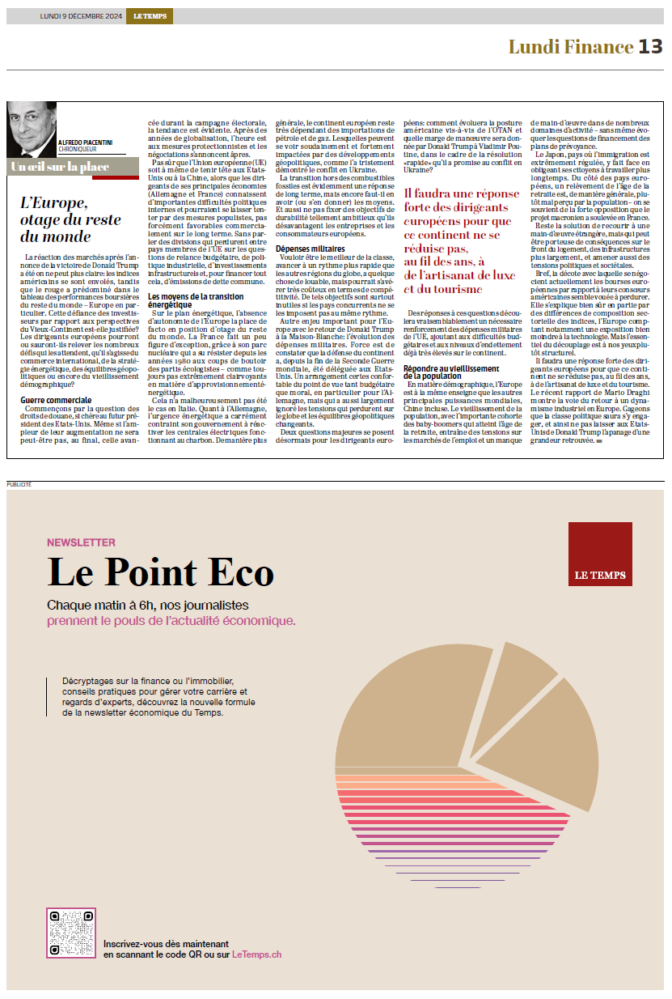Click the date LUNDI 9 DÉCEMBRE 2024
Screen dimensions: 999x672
[x=82, y=16]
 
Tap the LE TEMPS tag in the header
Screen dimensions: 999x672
[x=149, y=16]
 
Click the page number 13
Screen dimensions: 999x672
[x=650, y=47]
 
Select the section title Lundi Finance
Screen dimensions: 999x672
[x=570, y=47]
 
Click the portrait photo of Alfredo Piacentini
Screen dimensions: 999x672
[x=32, y=129]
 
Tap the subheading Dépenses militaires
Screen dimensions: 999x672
[x=311, y=249]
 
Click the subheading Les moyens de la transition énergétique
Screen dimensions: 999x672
[x=197, y=300]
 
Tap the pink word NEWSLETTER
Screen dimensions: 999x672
[x=81, y=542]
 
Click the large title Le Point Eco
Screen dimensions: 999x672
[x=161, y=572]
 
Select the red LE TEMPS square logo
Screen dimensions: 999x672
[x=599, y=554]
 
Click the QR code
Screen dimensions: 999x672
[x=71, y=933]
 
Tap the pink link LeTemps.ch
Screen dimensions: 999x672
[x=256, y=954]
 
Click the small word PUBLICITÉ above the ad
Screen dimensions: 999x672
[x=19, y=484]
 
